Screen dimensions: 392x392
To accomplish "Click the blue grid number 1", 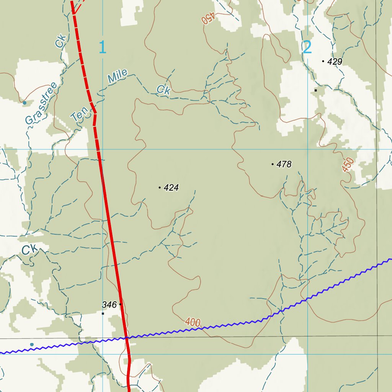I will coord(102,47).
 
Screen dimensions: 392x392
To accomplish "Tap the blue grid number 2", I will coord(307,47).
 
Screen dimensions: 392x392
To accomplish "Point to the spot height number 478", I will coord(284,165).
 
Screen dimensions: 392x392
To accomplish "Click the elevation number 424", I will coord(171,188).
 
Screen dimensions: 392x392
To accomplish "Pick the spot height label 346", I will coord(109,305).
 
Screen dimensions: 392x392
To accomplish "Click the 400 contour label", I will coord(193,323).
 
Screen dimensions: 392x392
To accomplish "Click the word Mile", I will coord(117,77).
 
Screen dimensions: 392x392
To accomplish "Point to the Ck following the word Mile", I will coord(163,90).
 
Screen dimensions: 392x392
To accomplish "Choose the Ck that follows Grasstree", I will coord(60,41).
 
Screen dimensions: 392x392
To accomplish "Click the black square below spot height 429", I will coord(315,90).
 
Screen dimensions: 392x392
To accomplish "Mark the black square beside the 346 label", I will coord(103,314).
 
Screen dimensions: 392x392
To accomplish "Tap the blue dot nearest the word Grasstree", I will coord(24,103).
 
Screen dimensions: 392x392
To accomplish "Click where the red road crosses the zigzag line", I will coord(126,338).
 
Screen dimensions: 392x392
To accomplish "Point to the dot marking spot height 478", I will coord(272,164).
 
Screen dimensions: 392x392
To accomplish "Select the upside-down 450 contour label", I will coord(208,18).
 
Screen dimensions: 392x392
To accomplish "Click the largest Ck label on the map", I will coord(29,250).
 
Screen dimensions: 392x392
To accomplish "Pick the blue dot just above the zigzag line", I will coord(32,345).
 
